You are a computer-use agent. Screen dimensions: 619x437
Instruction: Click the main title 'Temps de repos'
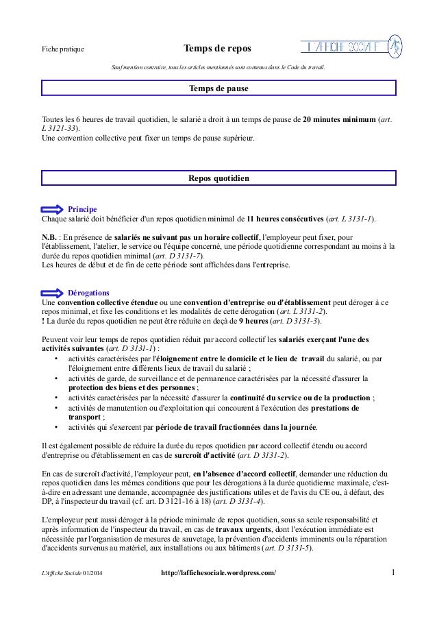[217, 49]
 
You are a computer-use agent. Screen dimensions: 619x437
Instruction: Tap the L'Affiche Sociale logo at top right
[351, 47]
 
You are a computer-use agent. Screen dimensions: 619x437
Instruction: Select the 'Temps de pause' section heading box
[218, 89]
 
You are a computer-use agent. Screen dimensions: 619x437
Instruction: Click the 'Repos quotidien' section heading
[218, 178]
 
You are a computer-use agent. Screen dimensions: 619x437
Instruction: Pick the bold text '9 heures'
[252, 321]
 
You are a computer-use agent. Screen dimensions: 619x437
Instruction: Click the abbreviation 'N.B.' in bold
[51, 236]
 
